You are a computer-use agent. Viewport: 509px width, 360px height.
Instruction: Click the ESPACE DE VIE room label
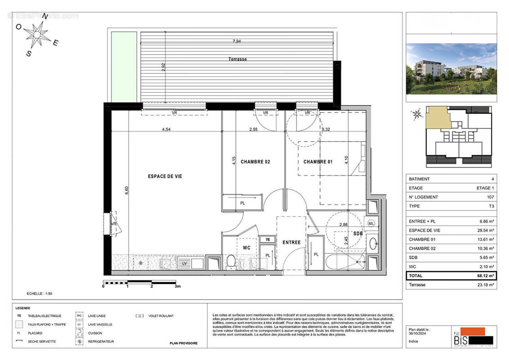(x=165, y=176)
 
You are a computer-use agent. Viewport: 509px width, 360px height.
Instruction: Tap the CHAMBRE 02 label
(x=255, y=162)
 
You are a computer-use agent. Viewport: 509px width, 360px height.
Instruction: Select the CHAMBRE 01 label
(x=317, y=162)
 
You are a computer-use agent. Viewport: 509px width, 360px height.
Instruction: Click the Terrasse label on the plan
(x=237, y=59)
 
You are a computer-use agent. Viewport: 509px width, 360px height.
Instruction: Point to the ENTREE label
(x=291, y=243)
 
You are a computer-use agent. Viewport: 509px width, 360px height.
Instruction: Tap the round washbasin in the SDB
(x=373, y=244)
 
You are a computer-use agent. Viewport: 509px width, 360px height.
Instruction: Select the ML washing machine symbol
(x=371, y=223)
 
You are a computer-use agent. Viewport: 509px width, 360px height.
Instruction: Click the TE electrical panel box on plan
(x=268, y=239)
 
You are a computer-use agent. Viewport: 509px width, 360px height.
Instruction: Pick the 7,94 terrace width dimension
(x=237, y=41)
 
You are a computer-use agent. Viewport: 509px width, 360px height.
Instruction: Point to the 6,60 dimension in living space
(x=127, y=190)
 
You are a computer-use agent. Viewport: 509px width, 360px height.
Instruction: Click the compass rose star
(x=37, y=33)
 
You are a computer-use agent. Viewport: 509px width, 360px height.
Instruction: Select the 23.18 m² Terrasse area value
(x=485, y=285)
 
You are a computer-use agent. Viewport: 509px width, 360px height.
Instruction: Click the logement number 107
(x=490, y=197)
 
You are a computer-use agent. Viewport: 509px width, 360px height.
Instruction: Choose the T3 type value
(x=491, y=206)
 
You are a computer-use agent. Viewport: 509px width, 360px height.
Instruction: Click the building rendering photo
(x=451, y=68)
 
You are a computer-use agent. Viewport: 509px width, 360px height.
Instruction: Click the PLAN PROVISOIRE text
(x=183, y=343)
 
